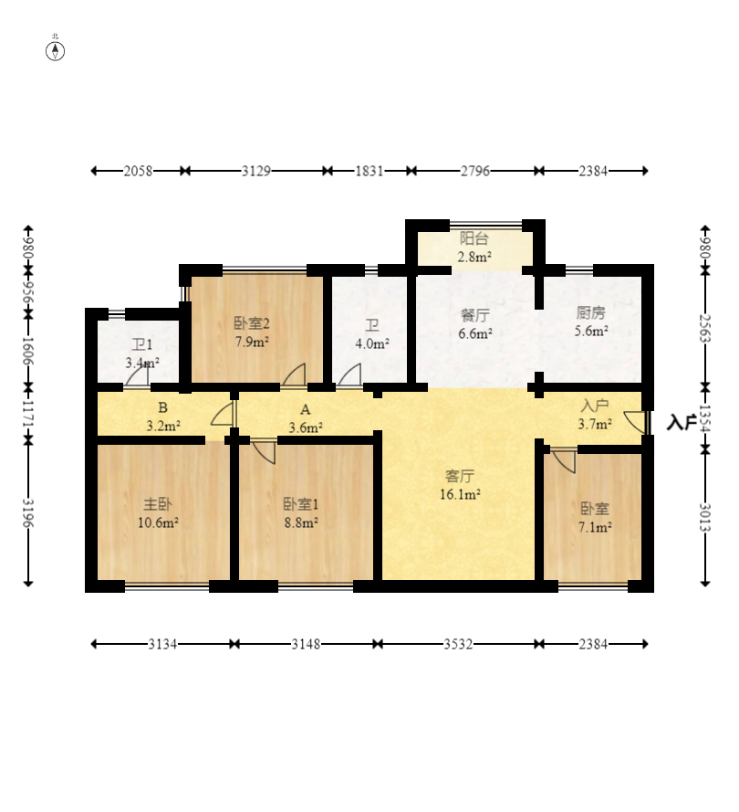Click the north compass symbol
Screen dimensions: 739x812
click(x=56, y=51)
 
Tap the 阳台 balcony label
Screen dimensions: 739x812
click(x=474, y=238)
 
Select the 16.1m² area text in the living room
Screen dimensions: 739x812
click(x=460, y=494)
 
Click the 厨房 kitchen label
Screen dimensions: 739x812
click(x=591, y=312)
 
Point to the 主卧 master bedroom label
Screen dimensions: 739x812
click(x=158, y=504)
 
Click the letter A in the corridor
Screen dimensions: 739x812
click(x=306, y=409)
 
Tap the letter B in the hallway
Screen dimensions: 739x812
click(x=163, y=407)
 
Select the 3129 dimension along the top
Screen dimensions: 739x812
click(x=256, y=171)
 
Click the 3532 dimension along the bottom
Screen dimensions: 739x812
click(x=458, y=644)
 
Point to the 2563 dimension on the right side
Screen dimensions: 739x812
click(x=705, y=328)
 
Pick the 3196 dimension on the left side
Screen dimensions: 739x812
click(x=28, y=513)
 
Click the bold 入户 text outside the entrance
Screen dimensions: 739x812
click(x=681, y=423)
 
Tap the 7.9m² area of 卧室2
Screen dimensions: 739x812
click(x=252, y=342)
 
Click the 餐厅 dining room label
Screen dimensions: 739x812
click(x=474, y=315)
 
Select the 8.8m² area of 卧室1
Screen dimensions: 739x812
click(x=301, y=522)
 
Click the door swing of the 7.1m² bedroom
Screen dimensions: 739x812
click(x=565, y=461)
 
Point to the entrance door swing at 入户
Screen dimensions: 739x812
click(x=636, y=422)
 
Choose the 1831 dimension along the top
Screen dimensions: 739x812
click(x=369, y=171)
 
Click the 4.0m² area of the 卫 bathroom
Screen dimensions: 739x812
click(x=372, y=343)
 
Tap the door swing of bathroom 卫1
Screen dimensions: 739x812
click(x=138, y=374)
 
